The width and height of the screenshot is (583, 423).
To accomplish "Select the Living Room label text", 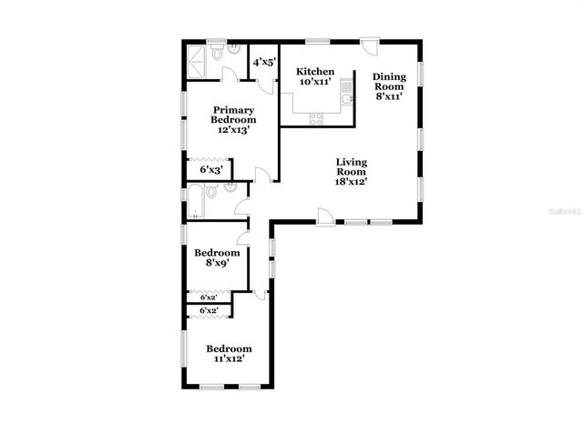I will [x=351, y=166].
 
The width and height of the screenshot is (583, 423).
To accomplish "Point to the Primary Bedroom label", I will [x=233, y=115].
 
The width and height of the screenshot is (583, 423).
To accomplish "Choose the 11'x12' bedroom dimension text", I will [x=228, y=360].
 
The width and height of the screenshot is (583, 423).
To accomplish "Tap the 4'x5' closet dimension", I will [x=264, y=62].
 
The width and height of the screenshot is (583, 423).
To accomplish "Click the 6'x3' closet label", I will [x=209, y=169].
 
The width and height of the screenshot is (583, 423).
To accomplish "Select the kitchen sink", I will [x=347, y=96].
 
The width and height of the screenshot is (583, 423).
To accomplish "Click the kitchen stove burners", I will [x=317, y=116].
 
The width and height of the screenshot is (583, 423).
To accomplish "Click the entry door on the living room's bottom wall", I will [x=323, y=217].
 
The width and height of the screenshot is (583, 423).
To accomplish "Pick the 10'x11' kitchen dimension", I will [x=315, y=83].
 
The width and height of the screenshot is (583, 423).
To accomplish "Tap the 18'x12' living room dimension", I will [x=351, y=181].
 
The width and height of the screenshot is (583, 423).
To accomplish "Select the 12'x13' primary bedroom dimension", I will [x=233, y=130].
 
